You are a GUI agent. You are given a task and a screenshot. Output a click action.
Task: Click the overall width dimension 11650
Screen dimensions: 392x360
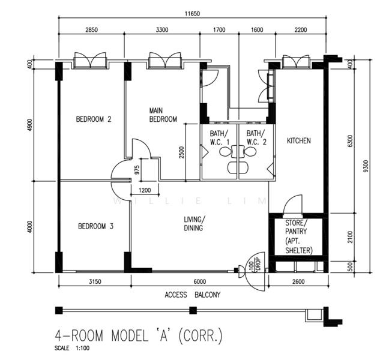tap(192, 13)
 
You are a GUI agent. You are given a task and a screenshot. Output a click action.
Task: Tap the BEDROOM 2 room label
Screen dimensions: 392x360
tap(94, 119)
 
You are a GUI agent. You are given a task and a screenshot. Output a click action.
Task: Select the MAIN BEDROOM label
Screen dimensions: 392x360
tap(163, 115)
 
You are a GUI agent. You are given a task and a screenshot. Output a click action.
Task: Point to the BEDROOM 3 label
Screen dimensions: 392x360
tap(95, 226)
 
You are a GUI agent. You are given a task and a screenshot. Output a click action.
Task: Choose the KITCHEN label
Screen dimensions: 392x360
tap(299, 140)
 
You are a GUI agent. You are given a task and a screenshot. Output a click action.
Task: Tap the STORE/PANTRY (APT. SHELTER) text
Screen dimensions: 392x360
tap(299, 236)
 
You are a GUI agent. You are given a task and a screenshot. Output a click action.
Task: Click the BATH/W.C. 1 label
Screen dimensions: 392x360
tap(220, 137)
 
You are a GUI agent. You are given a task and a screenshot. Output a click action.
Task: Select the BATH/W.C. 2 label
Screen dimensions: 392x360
tap(256, 137)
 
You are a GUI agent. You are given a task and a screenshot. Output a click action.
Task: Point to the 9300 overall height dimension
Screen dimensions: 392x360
tap(366, 166)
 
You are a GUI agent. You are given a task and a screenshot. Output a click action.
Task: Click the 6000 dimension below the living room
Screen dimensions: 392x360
tap(200, 282)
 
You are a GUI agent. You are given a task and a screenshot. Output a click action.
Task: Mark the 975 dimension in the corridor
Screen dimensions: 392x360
tap(137, 170)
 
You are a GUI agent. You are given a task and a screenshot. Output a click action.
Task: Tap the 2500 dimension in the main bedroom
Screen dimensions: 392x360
tap(181, 152)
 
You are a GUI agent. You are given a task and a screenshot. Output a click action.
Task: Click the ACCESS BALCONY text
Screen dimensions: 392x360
tap(193, 295)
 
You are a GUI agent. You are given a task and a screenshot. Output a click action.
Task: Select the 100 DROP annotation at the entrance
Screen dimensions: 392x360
tap(255, 265)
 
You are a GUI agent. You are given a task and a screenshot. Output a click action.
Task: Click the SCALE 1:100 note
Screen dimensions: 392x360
tap(72, 348)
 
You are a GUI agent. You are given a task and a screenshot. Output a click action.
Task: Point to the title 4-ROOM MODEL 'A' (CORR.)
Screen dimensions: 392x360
tap(139, 335)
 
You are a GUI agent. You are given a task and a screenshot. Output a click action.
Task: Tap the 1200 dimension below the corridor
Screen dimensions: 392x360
tap(145, 190)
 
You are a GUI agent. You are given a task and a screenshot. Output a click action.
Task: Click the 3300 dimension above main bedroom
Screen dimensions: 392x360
tap(162, 30)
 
